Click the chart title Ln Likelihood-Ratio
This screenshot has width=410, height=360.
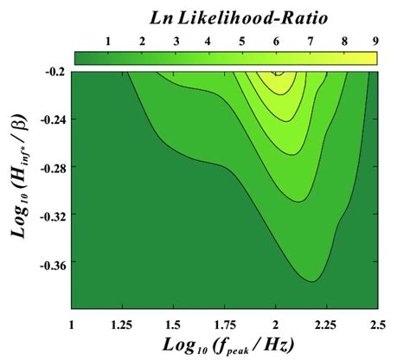click(x=226, y=18)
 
